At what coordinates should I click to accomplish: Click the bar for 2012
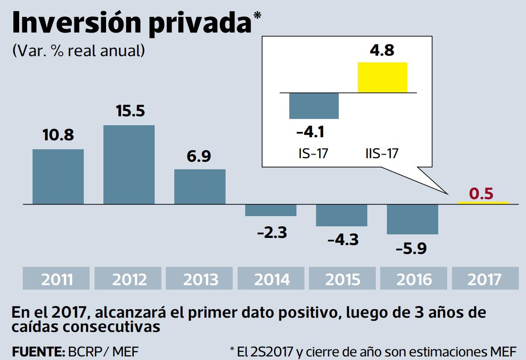[129, 164]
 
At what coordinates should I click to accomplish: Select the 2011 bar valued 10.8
[58, 176]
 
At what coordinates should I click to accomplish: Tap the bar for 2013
[200, 187]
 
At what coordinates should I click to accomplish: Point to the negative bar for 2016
[412, 219]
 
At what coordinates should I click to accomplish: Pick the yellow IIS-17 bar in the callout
[382, 78]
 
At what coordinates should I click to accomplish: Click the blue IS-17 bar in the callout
[314, 106]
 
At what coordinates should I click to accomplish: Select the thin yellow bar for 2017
[484, 203]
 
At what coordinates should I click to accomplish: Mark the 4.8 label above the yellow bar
[382, 50]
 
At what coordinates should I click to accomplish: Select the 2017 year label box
[485, 279]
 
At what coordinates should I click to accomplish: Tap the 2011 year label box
[57, 279]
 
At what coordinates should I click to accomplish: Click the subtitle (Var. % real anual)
[78, 50]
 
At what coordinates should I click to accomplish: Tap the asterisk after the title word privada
[257, 16]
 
